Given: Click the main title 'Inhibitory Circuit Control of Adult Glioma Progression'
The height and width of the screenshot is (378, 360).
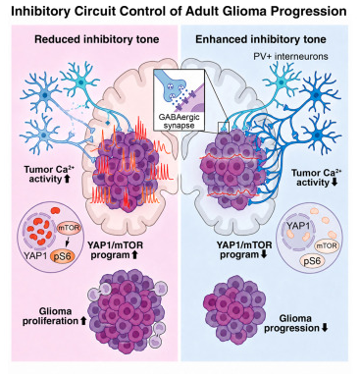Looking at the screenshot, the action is coord(179,12).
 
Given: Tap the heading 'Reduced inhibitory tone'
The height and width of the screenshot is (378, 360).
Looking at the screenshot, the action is coord(97,39).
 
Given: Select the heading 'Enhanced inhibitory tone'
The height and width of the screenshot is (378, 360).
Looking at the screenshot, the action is coord(261,39).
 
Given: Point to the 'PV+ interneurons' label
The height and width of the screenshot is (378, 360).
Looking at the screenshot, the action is coord(290,56).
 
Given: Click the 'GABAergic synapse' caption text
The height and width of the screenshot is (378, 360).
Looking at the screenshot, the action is coord(179,122).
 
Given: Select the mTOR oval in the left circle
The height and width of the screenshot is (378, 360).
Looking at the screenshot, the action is coord(69,228).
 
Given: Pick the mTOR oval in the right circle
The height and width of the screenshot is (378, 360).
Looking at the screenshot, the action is coord(326,245).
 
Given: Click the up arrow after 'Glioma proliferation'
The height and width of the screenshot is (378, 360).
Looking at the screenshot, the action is coord(83,321).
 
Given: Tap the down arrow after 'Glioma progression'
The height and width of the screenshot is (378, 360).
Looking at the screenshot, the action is coord(325,328).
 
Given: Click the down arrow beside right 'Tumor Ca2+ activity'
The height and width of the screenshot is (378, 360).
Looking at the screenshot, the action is coord(334,183).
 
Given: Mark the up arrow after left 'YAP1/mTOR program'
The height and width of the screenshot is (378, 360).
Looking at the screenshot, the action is coord(133,255).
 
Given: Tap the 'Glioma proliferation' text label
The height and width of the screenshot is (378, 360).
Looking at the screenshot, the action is coord(50,316).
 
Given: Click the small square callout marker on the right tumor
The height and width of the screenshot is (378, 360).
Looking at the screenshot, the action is coord(224,127).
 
